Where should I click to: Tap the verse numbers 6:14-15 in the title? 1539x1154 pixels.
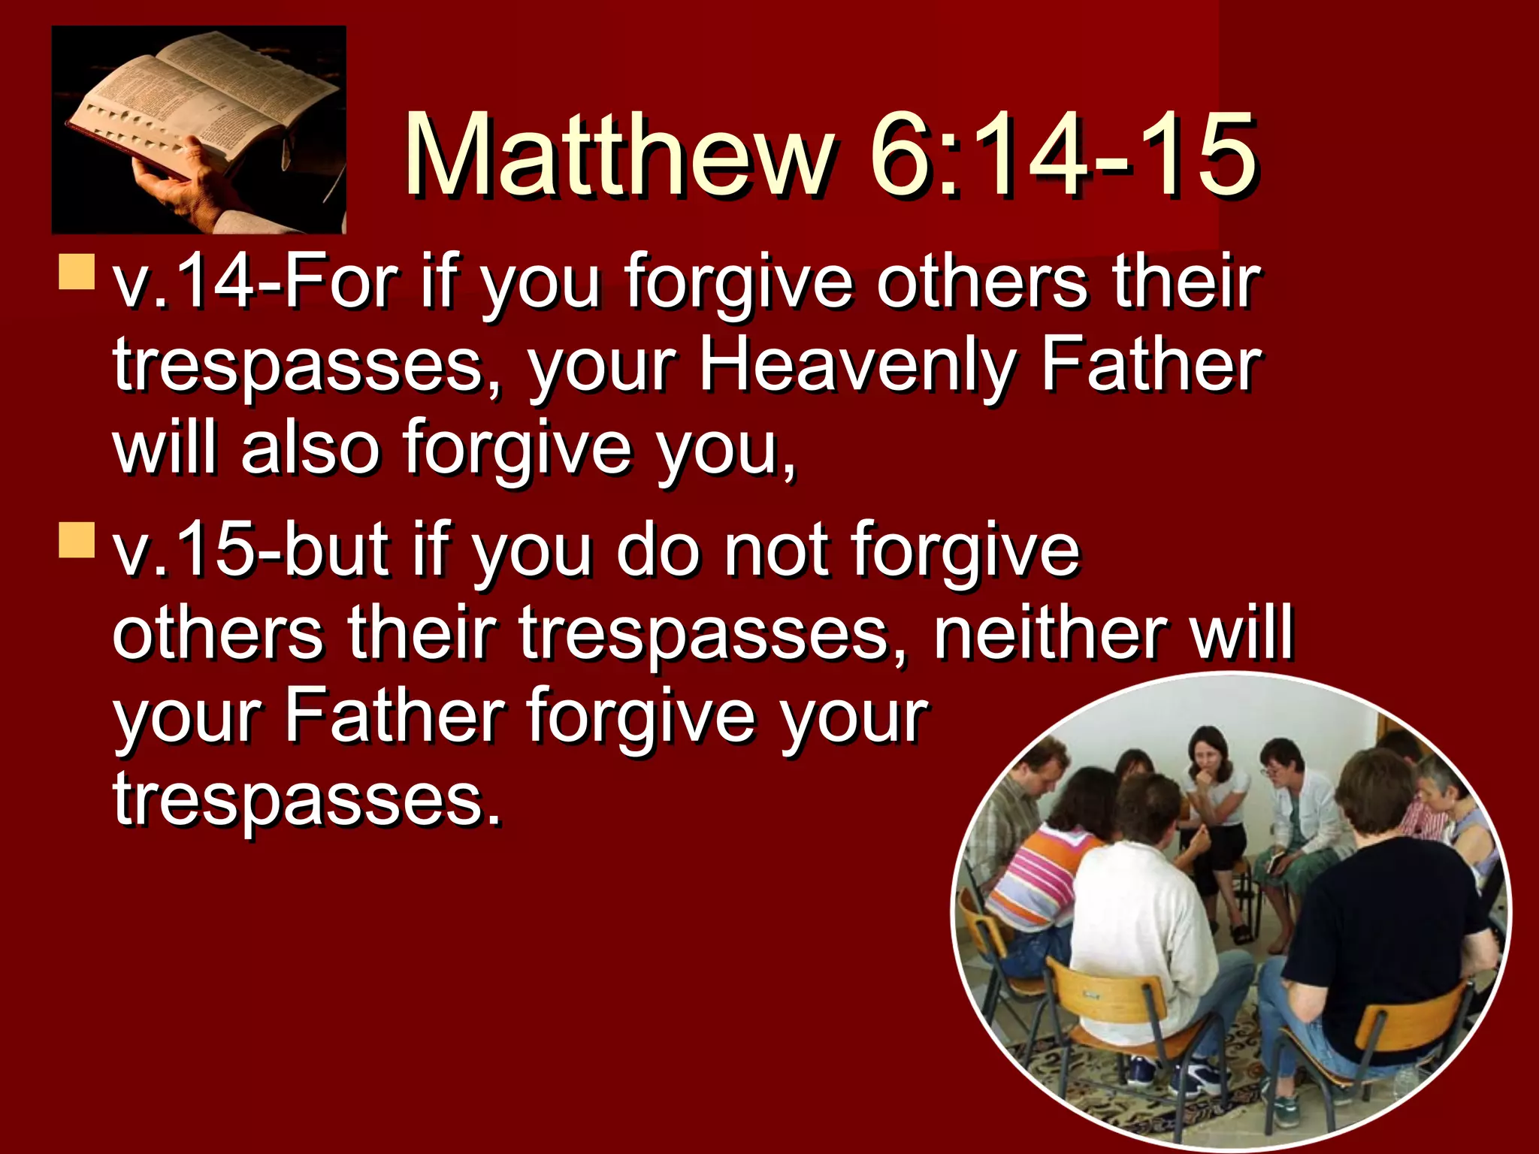(x=1063, y=156)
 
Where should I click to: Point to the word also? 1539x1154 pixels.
(x=310, y=449)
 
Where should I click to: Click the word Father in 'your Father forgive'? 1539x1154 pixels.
(x=394, y=716)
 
